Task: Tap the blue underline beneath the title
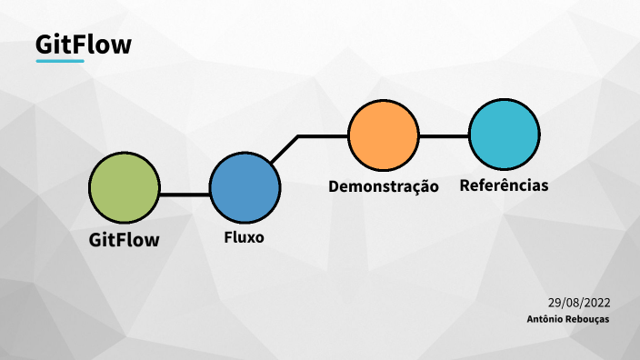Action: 60,62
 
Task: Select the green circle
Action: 124,186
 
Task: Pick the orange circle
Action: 384,135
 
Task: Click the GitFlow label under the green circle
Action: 124,241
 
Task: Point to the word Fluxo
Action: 244,238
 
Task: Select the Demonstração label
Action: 383,187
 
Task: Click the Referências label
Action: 505,185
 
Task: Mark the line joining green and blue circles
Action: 184,194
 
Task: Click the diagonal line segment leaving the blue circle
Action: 285,150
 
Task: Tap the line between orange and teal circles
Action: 444,136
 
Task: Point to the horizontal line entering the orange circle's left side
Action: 324,136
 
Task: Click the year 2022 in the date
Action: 595,303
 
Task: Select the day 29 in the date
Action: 555,303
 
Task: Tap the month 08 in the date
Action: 571,303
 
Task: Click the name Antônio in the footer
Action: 545,319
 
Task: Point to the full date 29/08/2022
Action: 578,303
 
